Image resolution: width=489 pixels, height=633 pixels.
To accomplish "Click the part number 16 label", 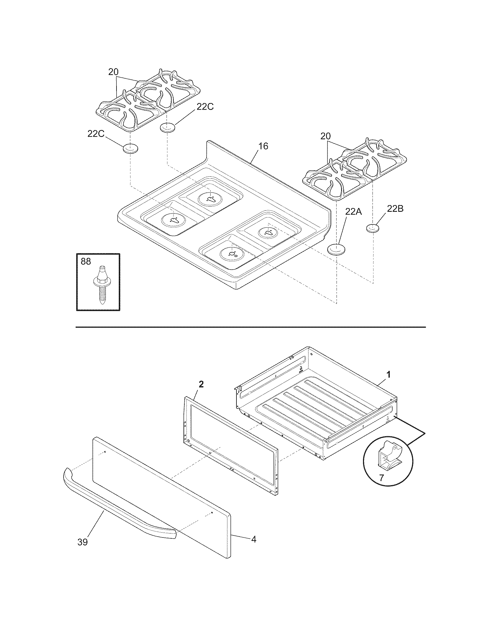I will tap(263, 146).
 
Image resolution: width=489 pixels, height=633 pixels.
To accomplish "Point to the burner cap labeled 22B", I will tap(373, 228).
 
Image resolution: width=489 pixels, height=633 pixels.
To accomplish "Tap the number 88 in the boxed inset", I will tap(86, 262).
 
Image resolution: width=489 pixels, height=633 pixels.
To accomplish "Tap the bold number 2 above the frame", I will tap(201, 385).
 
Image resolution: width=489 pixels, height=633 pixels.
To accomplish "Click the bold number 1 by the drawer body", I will tap(389, 375).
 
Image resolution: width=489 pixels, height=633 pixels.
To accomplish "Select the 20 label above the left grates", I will tap(114, 72).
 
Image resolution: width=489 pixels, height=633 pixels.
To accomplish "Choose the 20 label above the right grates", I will tap(326, 136).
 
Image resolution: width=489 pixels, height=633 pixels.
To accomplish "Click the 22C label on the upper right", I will tap(205, 107).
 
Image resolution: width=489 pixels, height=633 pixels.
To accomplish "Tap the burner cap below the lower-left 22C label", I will tap(131, 149).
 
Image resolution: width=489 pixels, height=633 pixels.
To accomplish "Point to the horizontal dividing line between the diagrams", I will tap(251, 327).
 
